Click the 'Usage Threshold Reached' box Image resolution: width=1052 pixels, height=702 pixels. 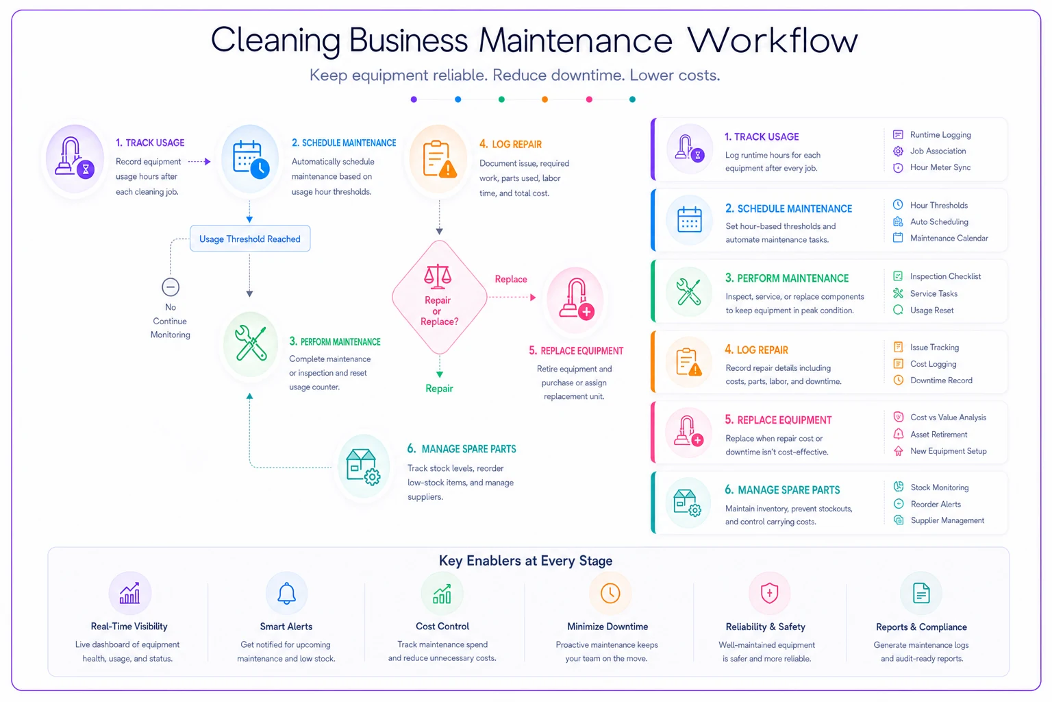coord(250,239)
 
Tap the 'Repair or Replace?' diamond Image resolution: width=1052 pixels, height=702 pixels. coord(439,297)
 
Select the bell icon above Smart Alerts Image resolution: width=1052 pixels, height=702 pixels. coord(286,593)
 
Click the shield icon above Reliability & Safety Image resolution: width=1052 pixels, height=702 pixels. coord(769,593)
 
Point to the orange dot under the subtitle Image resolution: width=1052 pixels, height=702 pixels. coord(544,99)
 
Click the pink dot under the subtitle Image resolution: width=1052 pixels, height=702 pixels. coord(589,99)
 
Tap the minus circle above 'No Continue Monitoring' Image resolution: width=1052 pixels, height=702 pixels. coord(171,287)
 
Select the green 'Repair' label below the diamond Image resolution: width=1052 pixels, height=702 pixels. coord(439,389)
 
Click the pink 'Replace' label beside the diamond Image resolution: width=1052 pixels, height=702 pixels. coord(511,279)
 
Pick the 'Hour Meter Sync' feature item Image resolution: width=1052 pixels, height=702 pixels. coord(931,167)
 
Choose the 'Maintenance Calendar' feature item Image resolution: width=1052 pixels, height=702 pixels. coord(940,238)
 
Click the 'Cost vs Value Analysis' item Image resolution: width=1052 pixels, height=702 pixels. coord(939,417)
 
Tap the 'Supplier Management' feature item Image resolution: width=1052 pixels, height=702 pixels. coord(939,520)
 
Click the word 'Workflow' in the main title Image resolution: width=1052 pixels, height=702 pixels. coord(773,40)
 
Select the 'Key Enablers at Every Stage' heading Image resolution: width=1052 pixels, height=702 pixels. coord(525,561)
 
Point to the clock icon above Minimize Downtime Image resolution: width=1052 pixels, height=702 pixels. coord(610,593)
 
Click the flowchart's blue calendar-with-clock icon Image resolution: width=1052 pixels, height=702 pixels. coord(251,159)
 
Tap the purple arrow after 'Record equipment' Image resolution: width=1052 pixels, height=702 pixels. coord(199,161)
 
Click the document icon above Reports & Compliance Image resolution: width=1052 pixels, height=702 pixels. coord(921,593)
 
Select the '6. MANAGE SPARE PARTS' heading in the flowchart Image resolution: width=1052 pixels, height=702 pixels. coord(461,449)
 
